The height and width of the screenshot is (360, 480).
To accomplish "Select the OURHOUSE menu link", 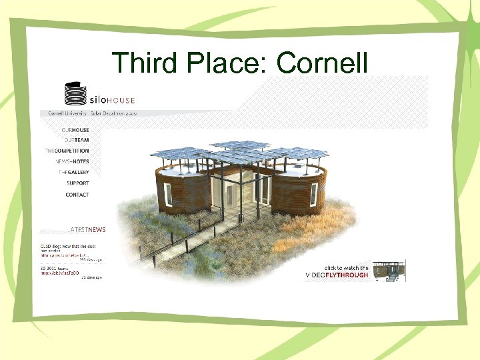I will tap(75, 130).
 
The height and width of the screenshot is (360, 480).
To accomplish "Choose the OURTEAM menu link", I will tap(76, 140).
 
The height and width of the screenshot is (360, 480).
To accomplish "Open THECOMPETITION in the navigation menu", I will tap(67, 151).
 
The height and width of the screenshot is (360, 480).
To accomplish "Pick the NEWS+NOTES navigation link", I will tap(71, 161).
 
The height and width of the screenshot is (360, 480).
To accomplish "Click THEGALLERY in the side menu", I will tap(73, 172).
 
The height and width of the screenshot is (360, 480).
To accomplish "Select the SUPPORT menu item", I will tap(77, 183).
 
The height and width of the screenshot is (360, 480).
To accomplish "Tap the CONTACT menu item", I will tap(77, 195).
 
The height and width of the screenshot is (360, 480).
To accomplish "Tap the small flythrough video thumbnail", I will tap(389, 270).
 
